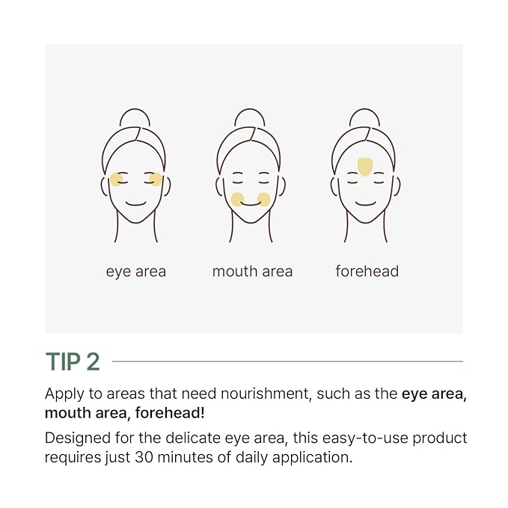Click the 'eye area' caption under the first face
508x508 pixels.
pyautogui.click(x=135, y=271)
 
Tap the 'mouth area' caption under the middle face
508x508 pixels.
pyautogui.click(x=252, y=271)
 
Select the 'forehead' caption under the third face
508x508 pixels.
pyautogui.click(x=367, y=271)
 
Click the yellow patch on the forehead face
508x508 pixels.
pyautogui.click(x=365, y=166)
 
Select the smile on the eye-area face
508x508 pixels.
pyautogui.click(x=135, y=203)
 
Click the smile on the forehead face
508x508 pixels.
pyautogui.click(x=365, y=203)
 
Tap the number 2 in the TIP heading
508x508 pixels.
pyautogui.click(x=92, y=361)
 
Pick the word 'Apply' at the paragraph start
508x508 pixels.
pyautogui.click(x=62, y=394)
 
